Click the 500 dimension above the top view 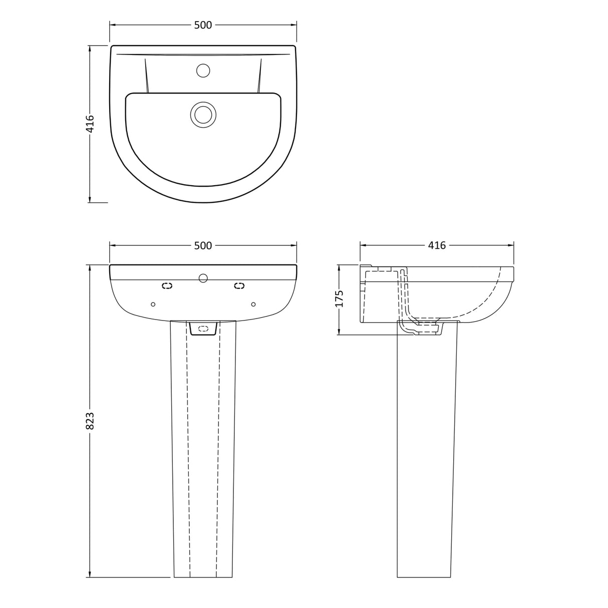pos(203,25)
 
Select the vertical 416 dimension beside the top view pos(90,124)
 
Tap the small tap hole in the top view pos(203,71)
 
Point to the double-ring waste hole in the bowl pos(203,115)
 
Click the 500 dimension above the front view pos(203,245)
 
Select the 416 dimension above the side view pos(437,245)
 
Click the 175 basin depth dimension pos(340,298)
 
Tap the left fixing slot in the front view pos(167,285)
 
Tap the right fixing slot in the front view pos(239,285)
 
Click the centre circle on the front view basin pos(203,278)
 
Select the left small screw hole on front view pos(153,304)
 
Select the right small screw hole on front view pos(253,304)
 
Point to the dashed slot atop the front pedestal pos(203,329)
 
